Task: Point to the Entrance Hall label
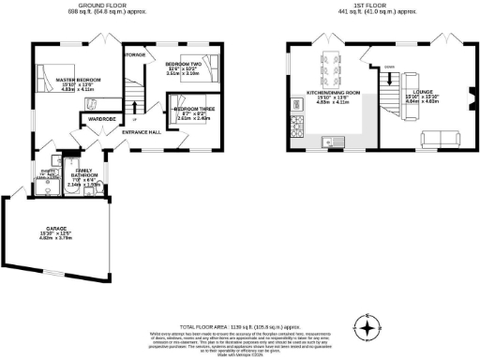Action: pos(142,131)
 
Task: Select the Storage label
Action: pos(135,55)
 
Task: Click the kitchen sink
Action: pos(328,142)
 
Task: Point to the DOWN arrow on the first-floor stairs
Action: pos(390,67)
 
